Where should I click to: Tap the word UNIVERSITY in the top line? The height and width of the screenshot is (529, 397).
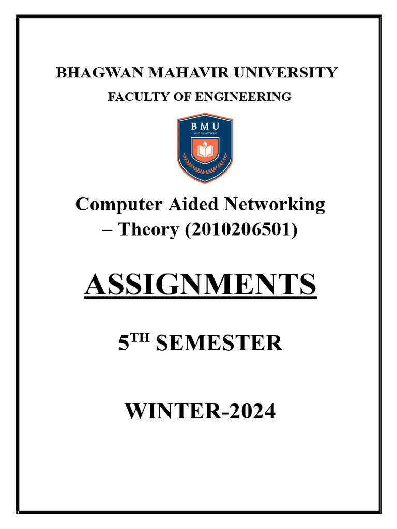[x=285, y=73]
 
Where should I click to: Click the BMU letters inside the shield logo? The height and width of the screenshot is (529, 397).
[x=205, y=127]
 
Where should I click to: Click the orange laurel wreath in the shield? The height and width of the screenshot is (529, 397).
[x=205, y=166]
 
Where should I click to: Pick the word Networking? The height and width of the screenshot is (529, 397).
[x=274, y=205]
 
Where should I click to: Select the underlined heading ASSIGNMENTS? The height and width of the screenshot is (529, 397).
[x=200, y=285]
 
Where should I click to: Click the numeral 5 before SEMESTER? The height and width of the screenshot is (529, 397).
[x=123, y=344]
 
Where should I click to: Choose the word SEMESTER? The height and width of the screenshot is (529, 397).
[x=219, y=344]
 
